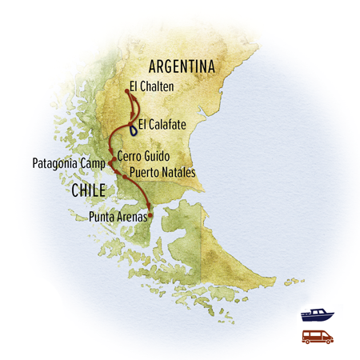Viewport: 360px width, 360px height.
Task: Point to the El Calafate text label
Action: pyautogui.click(x=163, y=125)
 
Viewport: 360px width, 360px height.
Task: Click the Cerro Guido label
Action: pyautogui.click(x=142, y=157)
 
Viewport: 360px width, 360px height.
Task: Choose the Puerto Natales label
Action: pyautogui.click(x=161, y=172)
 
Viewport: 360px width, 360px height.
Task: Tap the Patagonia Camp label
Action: pyautogui.click(x=68, y=163)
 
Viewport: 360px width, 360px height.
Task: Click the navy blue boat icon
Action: pyautogui.click(x=316, y=316)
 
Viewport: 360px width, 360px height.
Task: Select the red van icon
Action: pyautogui.click(x=316, y=337)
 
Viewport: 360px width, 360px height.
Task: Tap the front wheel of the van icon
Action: pyautogui.click(x=326, y=342)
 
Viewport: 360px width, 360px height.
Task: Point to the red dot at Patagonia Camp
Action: pyautogui.click(x=110, y=164)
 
